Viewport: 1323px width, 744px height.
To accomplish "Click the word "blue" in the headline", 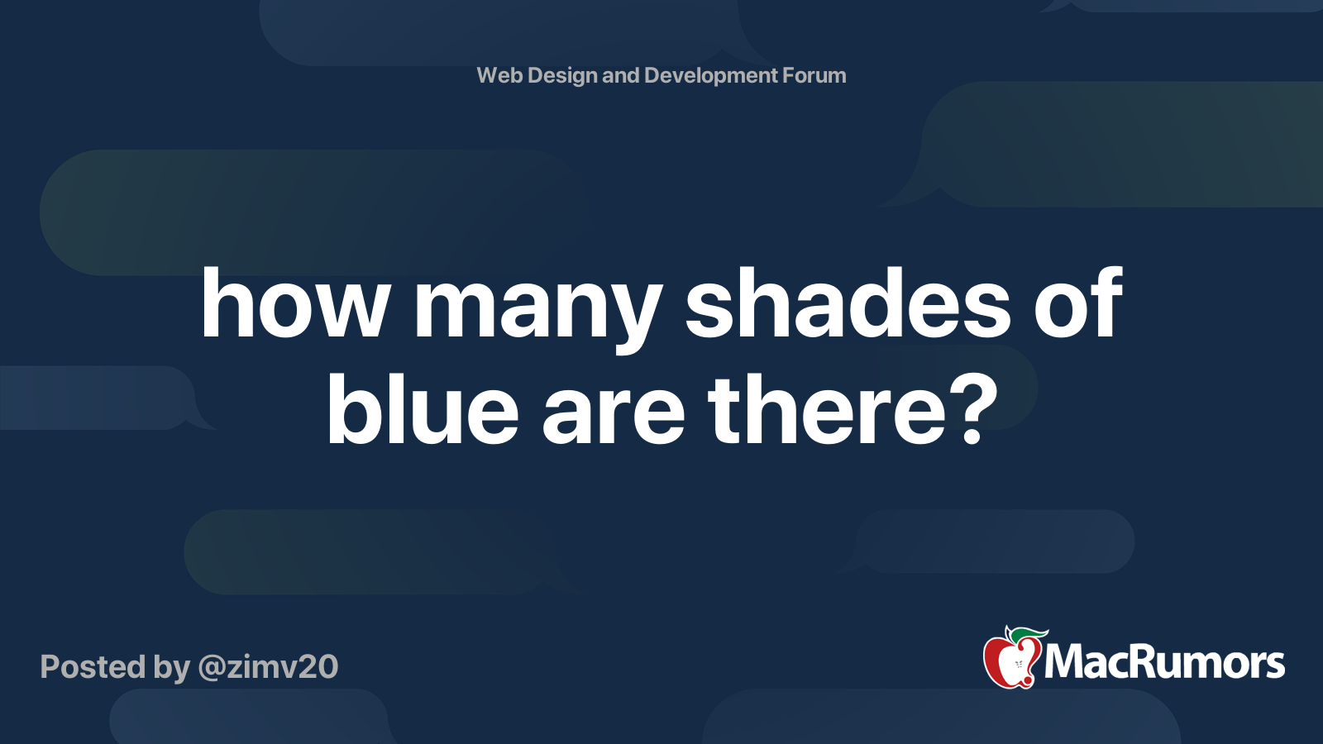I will pyautogui.click(x=423, y=409).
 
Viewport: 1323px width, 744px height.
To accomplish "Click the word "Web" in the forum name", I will pyautogui.click(x=499, y=75).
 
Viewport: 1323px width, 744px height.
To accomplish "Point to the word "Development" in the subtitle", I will pyautogui.click(x=710, y=76).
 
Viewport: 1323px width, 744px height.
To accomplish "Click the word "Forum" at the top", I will pyautogui.click(x=814, y=75).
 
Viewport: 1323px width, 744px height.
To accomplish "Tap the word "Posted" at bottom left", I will pyautogui.click(x=93, y=667).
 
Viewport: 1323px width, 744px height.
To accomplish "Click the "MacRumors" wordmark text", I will pyautogui.click(x=1164, y=662).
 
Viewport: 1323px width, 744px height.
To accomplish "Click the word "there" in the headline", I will pyautogui.click(x=826, y=409).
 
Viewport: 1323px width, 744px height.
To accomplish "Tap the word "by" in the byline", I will pyautogui.click(x=171, y=668).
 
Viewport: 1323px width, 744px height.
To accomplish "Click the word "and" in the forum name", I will pyautogui.click(x=620, y=75).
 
